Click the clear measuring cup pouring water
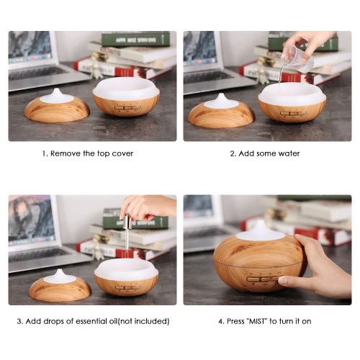(297, 58)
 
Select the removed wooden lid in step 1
(57, 107)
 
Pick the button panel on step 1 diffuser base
(127, 108)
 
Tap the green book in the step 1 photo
(136, 40)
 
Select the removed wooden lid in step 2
(221, 112)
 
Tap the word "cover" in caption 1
(122, 153)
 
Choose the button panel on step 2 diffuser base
(292, 113)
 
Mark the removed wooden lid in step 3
(60, 286)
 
